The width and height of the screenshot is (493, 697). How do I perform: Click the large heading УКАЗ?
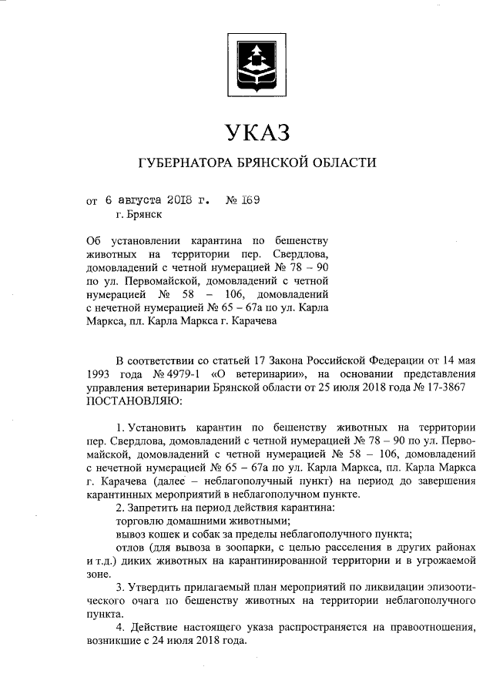point(256,132)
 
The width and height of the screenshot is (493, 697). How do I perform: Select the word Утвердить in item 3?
point(156,588)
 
